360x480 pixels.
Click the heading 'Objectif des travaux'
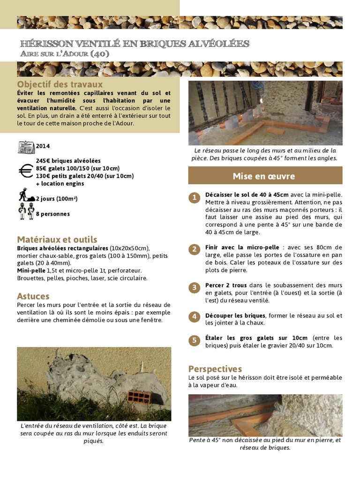pyautogui.click(x=60, y=84)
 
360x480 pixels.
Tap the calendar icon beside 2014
pyautogui.click(x=26, y=147)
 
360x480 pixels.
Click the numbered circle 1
pyautogui.click(x=194, y=197)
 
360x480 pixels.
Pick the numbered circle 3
pyautogui.click(x=194, y=287)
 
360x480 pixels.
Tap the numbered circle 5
pyautogui.click(x=194, y=340)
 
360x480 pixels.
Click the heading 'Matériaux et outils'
pyautogui.click(x=57, y=240)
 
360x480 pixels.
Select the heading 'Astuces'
pyautogui.click(x=33, y=296)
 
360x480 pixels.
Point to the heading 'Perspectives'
pyautogui.click(x=215, y=368)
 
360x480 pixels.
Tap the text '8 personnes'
pyautogui.click(x=53, y=214)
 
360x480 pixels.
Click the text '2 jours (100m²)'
pyautogui.click(x=57, y=199)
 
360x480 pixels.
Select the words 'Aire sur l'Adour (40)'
pyautogui.click(x=65, y=54)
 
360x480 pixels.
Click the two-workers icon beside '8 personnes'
pyautogui.click(x=26, y=212)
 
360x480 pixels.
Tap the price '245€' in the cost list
pyautogui.click(x=43, y=161)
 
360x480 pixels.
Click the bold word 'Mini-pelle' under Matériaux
pyautogui.click(x=30, y=270)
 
